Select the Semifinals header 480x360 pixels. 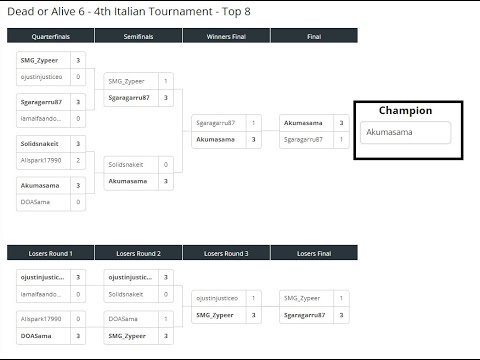click(138, 36)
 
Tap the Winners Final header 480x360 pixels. click(226, 36)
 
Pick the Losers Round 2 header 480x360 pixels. click(138, 252)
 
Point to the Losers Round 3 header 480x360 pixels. click(226, 252)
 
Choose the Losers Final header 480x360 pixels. click(314, 252)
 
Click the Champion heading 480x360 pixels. click(405, 110)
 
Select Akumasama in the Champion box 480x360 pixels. click(385, 131)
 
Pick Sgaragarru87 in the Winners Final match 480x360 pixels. click(216, 123)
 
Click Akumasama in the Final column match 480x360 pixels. click(302, 123)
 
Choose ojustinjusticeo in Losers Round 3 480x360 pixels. click(217, 297)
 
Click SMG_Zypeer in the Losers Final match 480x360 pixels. click(301, 297)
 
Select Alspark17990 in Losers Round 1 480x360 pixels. click(40, 319)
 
